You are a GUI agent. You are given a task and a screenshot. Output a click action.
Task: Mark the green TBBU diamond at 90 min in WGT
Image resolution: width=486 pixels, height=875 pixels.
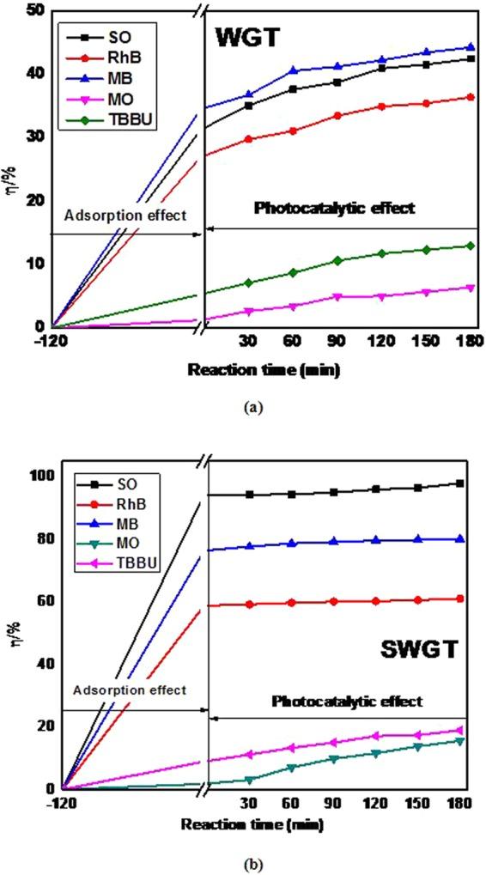point(337,260)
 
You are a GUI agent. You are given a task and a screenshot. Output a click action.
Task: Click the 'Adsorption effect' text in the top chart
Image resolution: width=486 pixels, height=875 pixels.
point(129,216)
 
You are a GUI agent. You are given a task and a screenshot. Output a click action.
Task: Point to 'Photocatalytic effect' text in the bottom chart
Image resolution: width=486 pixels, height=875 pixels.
point(347,702)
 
